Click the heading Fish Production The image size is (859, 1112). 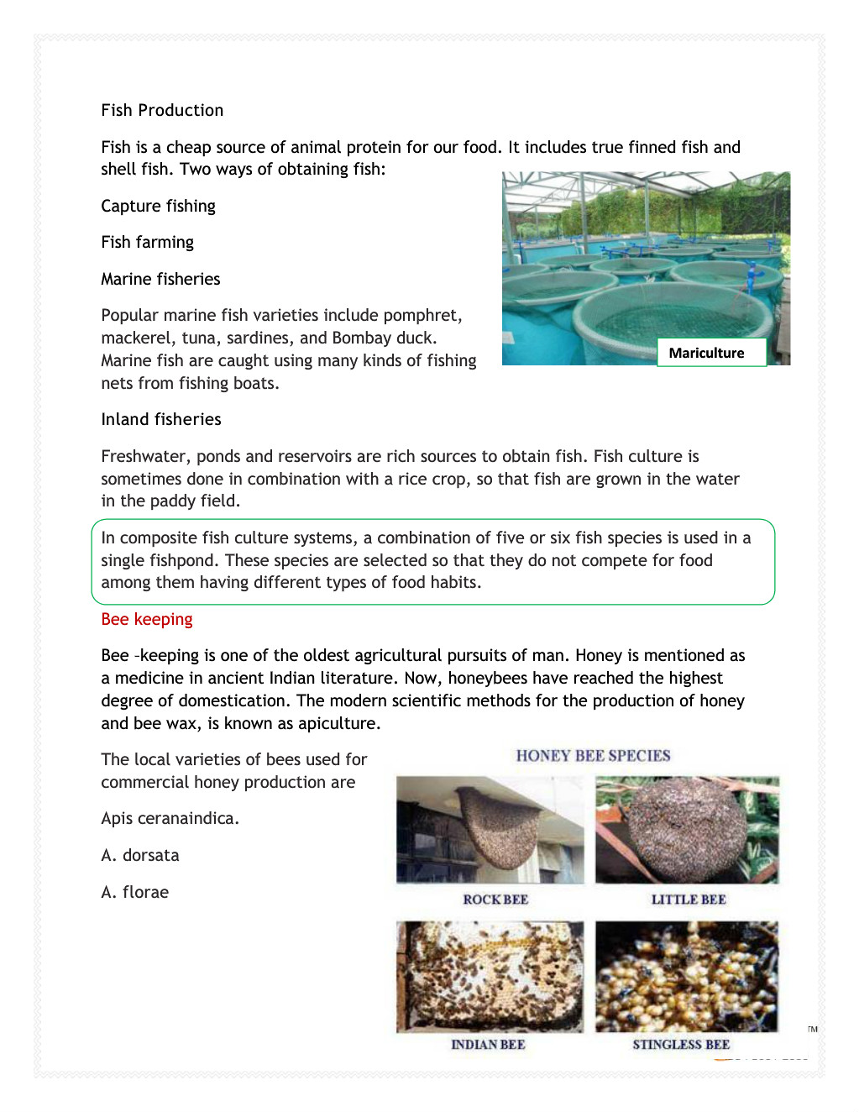pyautogui.click(x=162, y=110)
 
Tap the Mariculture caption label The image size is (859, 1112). pyautogui.click(x=706, y=353)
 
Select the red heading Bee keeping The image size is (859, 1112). pyautogui.click(x=147, y=619)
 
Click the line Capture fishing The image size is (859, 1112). pyautogui.click(x=158, y=206)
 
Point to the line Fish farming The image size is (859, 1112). pyautogui.click(x=147, y=242)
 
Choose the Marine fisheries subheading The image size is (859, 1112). pyautogui.click(x=160, y=279)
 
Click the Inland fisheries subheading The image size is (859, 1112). pyautogui.click(x=161, y=419)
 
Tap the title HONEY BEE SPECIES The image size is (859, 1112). pyautogui.click(x=593, y=755)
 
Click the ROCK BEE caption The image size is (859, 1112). pyautogui.click(x=495, y=900)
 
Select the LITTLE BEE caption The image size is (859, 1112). pyautogui.click(x=689, y=900)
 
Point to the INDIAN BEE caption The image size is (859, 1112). pyautogui.click(x=488, y=1045)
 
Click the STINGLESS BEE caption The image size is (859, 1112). pyautogui.click(x=681, y=1045)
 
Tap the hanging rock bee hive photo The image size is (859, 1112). pyautogui.click(x=490, y=829)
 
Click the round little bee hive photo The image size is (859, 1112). pyautogui.click(x=688, y=829)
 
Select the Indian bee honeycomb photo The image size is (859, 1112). pyautogui.click(x=490, y=976)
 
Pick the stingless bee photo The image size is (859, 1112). pyautogui.click(x=687, y=976)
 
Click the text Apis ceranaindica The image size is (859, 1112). pyautogui.click(x=170, y=818)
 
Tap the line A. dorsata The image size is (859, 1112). pyautogui.click(x=140, y=855)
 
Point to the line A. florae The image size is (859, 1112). pyautogui.click(x=134, y=892)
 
